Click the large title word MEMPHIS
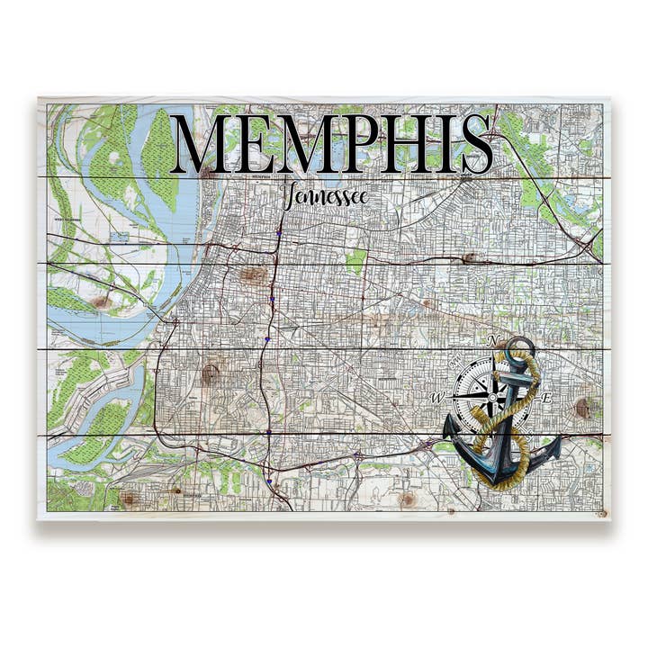coord(331,144)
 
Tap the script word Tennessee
coord(325,196)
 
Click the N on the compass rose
coord(492,340)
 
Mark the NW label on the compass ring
coord(454,364)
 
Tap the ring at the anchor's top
coord(520,346)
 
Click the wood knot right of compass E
coord(586,407)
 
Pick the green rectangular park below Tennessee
coord(357,261)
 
